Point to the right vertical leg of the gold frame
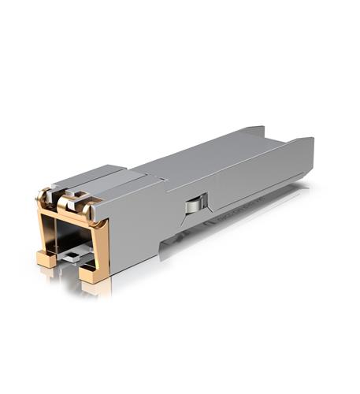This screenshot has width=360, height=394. point(101,244)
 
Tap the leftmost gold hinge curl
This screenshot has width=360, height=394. point(45,195)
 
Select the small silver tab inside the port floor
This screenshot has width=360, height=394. point(72,255)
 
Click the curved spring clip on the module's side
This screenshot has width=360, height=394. point(194,206)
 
